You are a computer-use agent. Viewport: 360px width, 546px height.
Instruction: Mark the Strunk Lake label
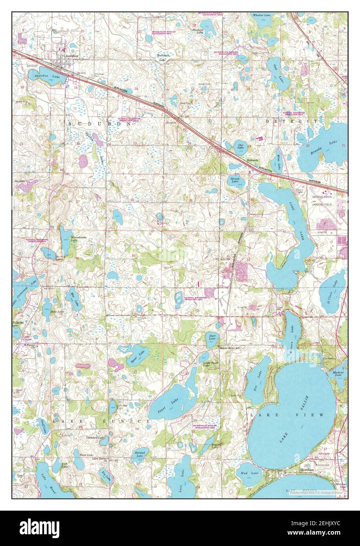235,179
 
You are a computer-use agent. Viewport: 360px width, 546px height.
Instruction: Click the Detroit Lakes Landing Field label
322,200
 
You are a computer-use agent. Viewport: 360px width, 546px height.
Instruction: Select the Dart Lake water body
212,338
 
